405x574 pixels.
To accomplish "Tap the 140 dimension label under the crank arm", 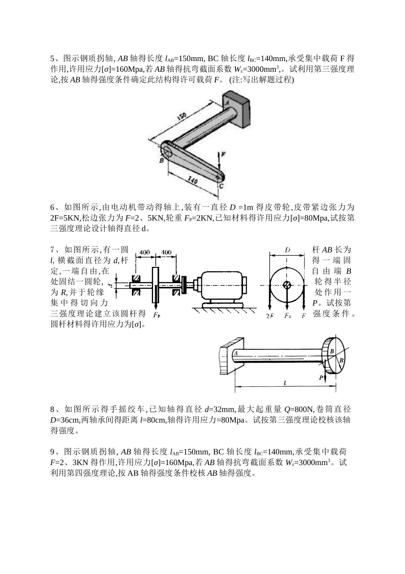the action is [192, 181].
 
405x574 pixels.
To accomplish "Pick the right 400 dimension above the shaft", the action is [167, 252].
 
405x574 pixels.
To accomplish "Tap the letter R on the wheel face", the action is [341, 360].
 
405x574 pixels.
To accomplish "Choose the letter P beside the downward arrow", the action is [321, 378].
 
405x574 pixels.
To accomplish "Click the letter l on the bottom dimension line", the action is [284, 383].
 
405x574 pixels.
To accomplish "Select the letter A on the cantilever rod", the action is [236, 354].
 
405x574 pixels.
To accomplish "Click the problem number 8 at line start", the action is [52, 410].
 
